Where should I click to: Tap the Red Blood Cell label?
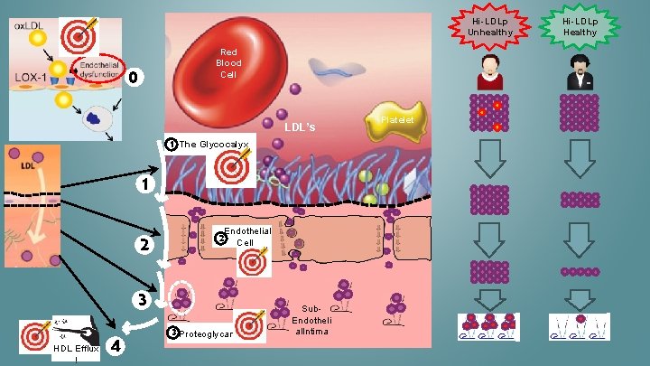point(228,62)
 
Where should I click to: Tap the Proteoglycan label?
point(207,334)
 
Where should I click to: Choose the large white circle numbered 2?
point(141,245)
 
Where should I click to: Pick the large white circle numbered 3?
point(141,299)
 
